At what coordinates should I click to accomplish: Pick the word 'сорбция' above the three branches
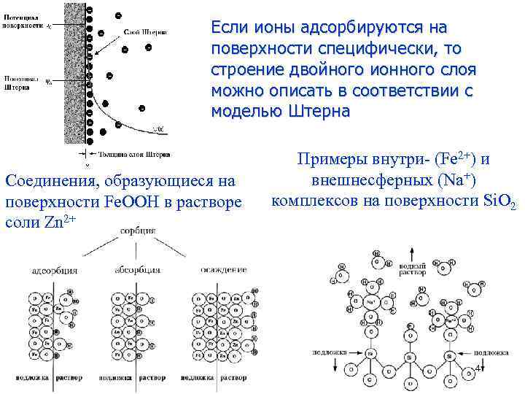(139, 231)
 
